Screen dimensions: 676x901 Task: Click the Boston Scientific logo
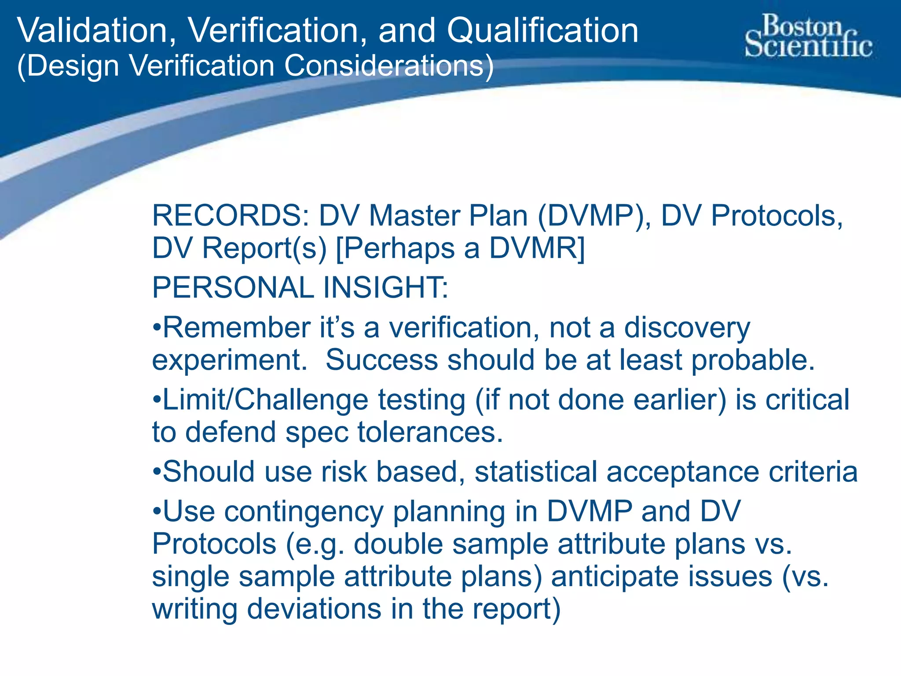pos(808,36)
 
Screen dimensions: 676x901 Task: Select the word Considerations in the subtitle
pos(388,66)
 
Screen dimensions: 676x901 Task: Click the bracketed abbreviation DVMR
pos(537,248)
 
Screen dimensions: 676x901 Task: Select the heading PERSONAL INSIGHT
pos(300,287)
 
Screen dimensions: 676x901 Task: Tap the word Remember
pos(237,328)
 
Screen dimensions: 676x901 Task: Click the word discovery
pos(687,328)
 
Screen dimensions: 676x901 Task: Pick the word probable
pos(753,360)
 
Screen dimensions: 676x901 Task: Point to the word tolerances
pos(430,432)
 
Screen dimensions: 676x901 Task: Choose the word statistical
pos(535,472)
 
